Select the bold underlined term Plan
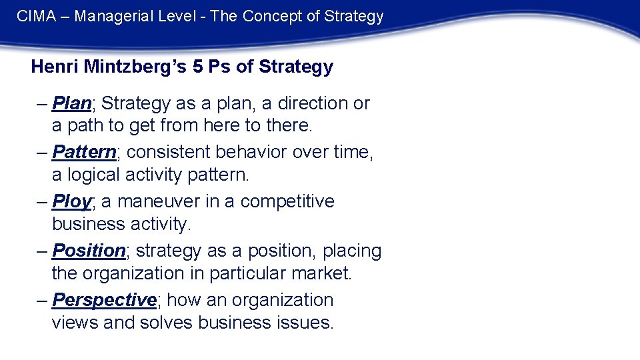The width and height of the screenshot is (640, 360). coord(71,103)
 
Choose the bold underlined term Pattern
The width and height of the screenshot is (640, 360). coord(84,153)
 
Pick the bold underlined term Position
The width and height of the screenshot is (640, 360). coord(89,251)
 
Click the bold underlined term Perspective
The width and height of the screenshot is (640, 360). coord(104,300)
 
